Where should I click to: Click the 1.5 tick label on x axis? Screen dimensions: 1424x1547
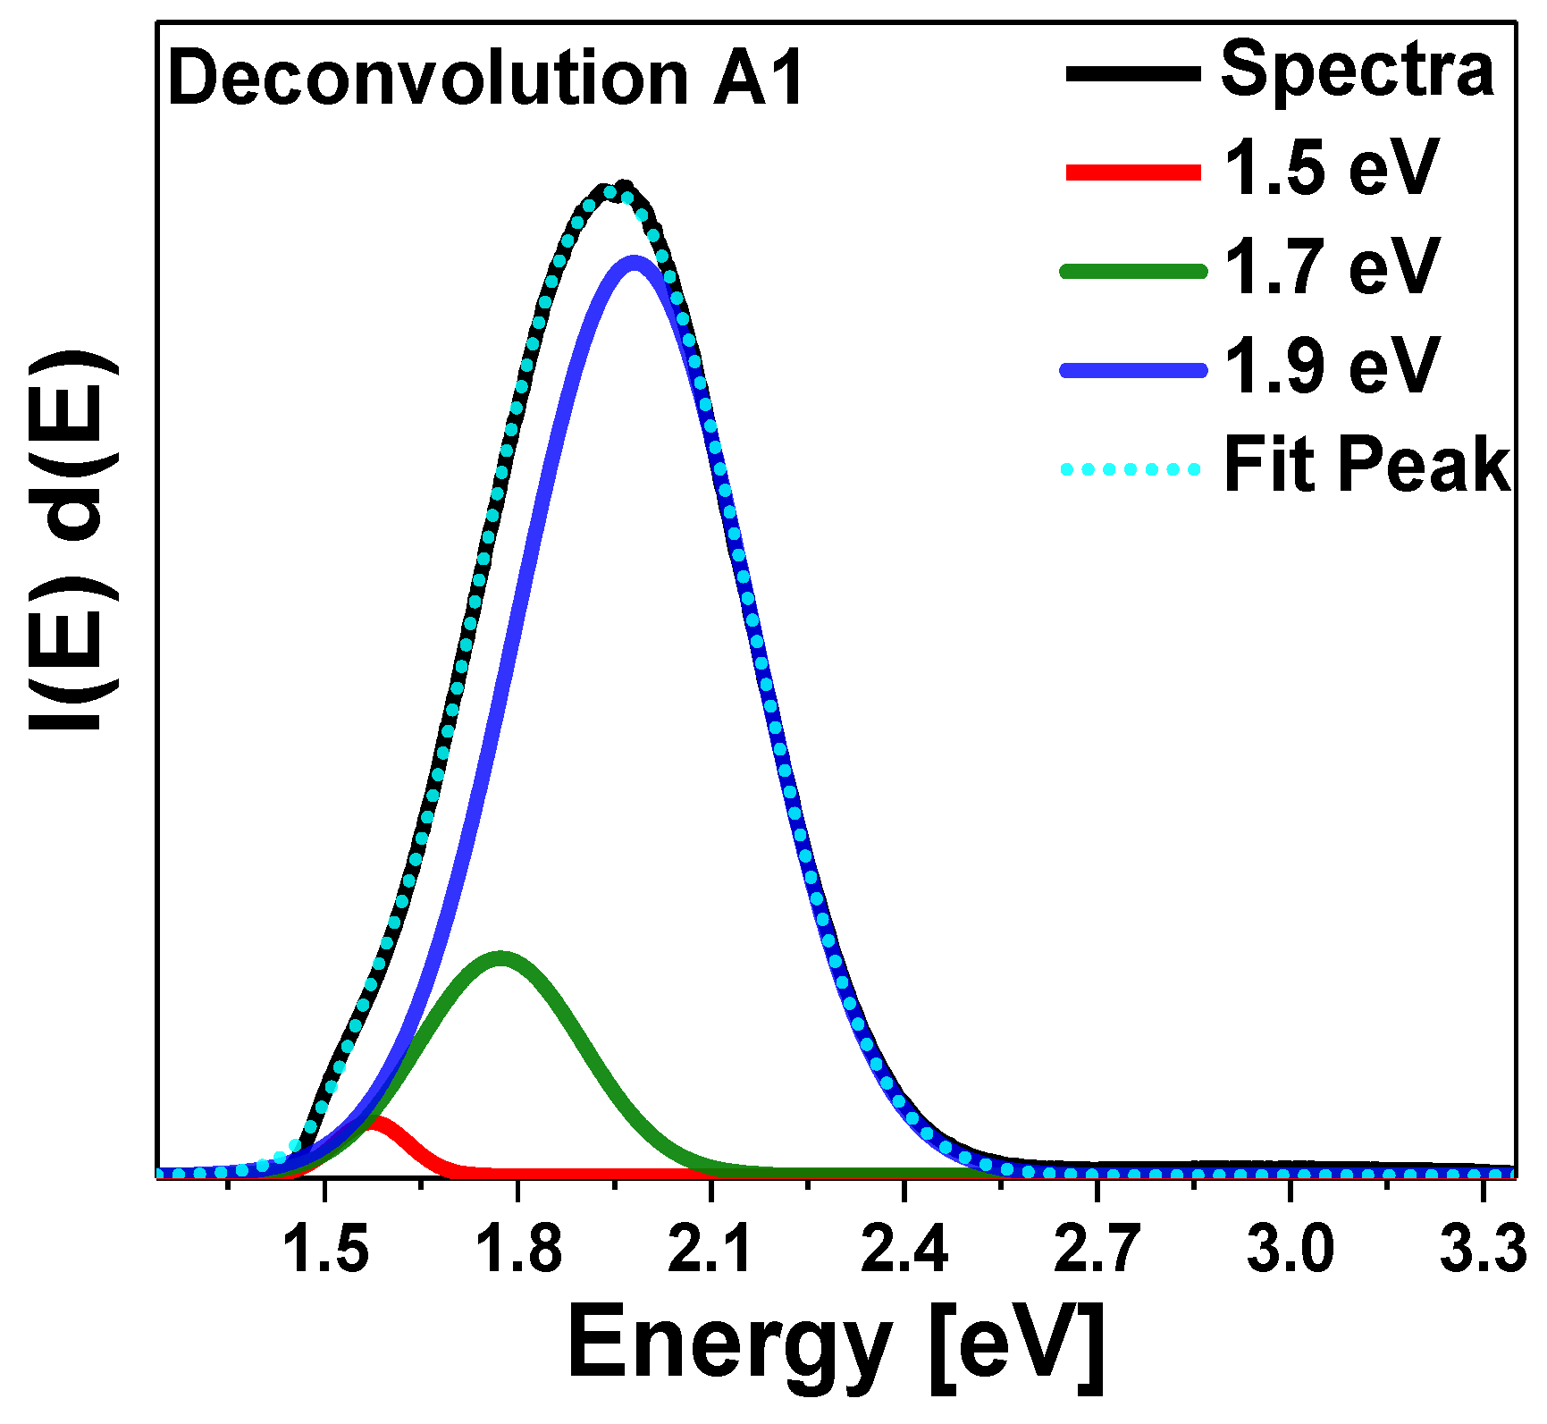pos(325,1249)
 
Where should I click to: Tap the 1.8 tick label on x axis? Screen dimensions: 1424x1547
pos(518,1249)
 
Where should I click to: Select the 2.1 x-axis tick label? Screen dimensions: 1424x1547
pos(711,1249)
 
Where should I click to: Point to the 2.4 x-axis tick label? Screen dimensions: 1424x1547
pos(904,1249)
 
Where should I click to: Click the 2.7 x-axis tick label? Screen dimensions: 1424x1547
pos(1097,1249)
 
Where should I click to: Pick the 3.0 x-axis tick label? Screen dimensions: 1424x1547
pos(1291,1249)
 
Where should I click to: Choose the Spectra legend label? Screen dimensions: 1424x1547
pos(1357,70)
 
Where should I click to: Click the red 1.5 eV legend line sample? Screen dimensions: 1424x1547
pos(1133,173)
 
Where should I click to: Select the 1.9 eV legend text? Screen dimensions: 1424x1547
pos(1331,367)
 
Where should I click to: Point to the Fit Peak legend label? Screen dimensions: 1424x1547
pos(1366,465)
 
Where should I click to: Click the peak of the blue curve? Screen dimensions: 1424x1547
pos(635,262)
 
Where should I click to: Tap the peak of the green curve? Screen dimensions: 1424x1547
pos(500,957)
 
